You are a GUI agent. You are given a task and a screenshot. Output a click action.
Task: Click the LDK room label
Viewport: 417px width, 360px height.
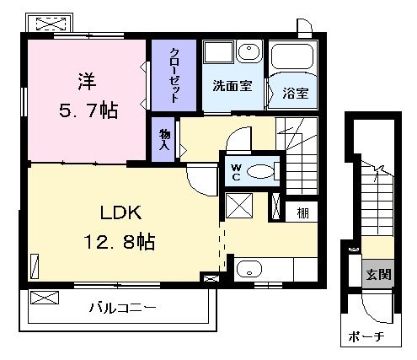(120, 212)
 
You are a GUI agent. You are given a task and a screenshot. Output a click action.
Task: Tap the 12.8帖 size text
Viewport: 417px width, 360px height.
(120, 242)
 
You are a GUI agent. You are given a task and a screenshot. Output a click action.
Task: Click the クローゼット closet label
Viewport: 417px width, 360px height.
(174, 75)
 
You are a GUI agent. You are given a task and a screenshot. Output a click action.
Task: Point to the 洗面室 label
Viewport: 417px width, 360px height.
(233, 86)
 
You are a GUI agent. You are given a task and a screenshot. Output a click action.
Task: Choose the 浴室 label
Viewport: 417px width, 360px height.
(296, 93)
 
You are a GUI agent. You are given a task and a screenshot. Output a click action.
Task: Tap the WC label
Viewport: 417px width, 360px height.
(237, 173)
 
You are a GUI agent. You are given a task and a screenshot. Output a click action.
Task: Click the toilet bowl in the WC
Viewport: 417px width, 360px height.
(260, 171)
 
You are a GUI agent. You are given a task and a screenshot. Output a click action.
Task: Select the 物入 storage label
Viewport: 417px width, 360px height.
(164, 140)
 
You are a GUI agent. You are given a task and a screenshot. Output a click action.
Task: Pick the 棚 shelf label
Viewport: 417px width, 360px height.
(302, 213)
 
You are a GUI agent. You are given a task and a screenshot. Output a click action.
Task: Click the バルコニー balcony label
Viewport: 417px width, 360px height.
(122, 308)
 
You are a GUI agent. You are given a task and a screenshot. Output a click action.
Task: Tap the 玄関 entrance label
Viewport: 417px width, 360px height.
(378, 275)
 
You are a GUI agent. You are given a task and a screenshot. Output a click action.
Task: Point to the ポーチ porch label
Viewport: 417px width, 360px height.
(366, 336)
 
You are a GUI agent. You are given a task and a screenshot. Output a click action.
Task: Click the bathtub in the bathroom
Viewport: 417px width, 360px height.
(292, 56)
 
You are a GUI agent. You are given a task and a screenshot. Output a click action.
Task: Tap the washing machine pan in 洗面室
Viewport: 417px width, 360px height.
(219, 52)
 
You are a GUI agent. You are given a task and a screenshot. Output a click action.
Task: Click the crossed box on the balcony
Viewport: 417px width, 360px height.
(45, 298)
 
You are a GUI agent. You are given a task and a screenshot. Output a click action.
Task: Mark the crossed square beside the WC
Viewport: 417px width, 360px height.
(239, 206)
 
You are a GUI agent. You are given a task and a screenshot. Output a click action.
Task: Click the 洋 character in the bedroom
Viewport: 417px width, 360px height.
(87, 82)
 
